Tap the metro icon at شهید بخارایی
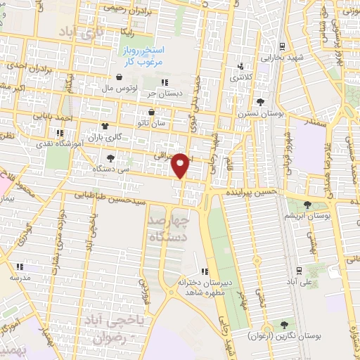pos(282,46)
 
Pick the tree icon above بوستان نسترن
pos(260,102)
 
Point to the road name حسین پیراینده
pos(253,191)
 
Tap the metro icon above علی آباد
pos(299,270)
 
